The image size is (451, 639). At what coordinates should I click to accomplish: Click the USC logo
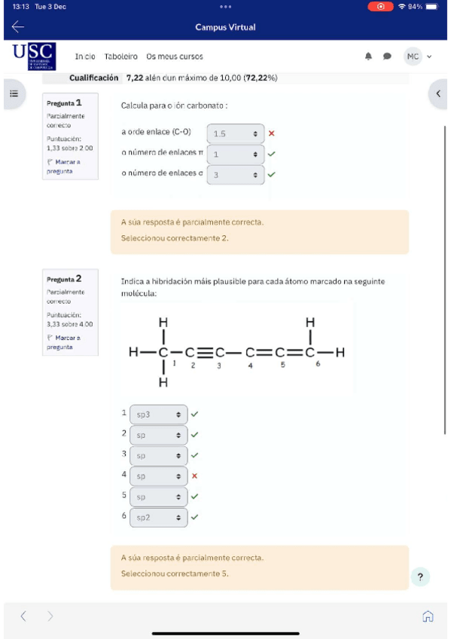[34, 57]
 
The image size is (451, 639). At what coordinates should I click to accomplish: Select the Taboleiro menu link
[121, 57]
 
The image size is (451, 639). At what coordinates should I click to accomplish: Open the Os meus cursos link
[175, 57]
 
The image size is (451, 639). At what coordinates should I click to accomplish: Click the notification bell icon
[369, 57]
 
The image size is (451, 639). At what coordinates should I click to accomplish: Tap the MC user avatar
[413, 57]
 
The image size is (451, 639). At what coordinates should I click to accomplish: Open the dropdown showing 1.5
[236, 134]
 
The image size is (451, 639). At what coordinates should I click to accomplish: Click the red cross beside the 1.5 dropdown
[272, 133]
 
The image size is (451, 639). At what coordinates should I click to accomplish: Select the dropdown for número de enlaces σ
[236, 175]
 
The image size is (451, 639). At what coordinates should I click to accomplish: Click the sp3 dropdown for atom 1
[158, 414]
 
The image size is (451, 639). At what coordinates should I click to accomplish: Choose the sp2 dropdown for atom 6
[158, 518]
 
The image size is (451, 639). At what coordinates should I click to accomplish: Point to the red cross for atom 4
[194, 475]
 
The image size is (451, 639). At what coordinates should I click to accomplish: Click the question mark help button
[420, 577]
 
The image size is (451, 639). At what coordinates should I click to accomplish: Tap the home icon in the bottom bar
[428, 616]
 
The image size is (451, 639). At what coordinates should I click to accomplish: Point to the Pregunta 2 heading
[64, 279]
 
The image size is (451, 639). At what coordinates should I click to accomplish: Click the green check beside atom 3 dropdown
[194, 455]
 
